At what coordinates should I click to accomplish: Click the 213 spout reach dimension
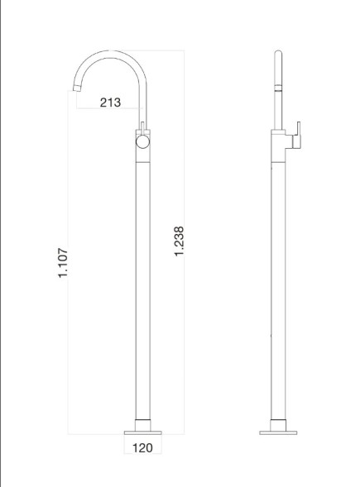pos(110,103)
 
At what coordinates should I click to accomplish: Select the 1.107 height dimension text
pos(63,263)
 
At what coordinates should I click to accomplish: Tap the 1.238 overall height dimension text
pos(179,241)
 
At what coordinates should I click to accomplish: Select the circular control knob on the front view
pos(143,142)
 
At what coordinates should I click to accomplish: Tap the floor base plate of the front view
pos(143,431)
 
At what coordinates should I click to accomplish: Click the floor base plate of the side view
pos(276,431)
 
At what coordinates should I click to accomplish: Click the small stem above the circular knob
pos(143,127)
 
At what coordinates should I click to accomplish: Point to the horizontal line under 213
pos(110,110)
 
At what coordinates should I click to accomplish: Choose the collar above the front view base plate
pos(143,423)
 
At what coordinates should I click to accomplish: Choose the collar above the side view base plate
pos(276,423)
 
